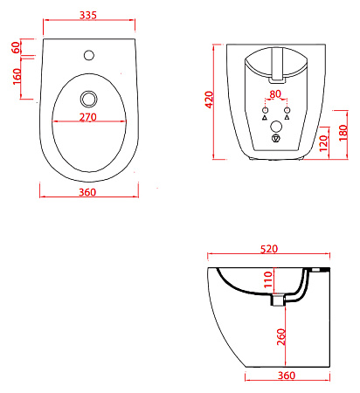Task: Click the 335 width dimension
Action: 88,15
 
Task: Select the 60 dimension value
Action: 16,47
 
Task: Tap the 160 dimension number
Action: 17,76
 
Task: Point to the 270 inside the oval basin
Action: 88,117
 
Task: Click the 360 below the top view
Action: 87,192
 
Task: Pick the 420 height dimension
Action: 209,100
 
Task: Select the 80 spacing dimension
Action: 275,94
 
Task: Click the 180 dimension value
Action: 343,133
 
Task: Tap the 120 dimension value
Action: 323,143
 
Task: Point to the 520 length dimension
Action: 269,249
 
